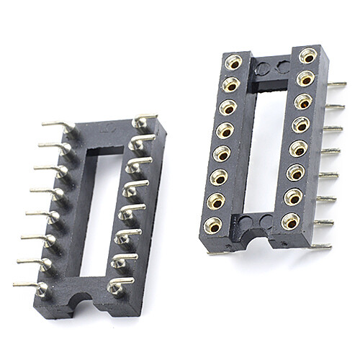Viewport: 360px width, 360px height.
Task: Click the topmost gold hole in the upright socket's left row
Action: [233, 63]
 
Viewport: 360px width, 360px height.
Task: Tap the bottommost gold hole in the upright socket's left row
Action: [213, 224]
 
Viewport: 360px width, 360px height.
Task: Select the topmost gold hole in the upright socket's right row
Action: [307, 55]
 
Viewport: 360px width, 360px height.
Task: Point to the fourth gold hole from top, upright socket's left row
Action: [225, 130]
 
